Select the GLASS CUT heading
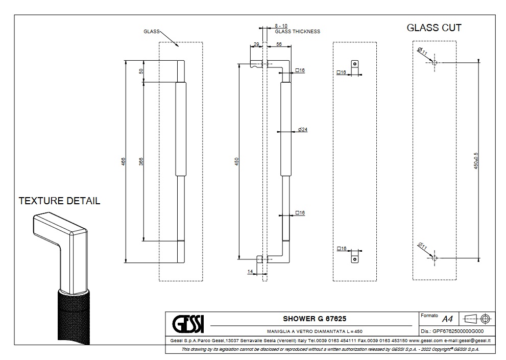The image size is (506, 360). pyautogui.click(x=434, y=28)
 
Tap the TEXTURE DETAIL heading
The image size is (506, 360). pyautogui.click(x=59, y=201)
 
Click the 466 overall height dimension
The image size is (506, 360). pyautogui.click(x=123, y=161)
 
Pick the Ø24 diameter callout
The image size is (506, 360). pyautogui.click(x=302, y=130)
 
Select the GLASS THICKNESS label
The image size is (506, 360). pyautogui.click(x=298, y=32)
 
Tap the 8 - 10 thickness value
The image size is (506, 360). pyautogui.click(x=281, y=26)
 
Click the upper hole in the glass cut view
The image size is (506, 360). pyautogui.click(x=434, y=62)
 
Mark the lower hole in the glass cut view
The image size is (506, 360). pyautogui.click(x=434, y=258)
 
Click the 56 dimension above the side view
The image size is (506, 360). pyautogui.click(x=279, y=45)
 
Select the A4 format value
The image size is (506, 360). pyautogui.click(x=447, y=320)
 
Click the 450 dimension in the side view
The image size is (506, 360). pyautogui.click(x=236, y=161)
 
